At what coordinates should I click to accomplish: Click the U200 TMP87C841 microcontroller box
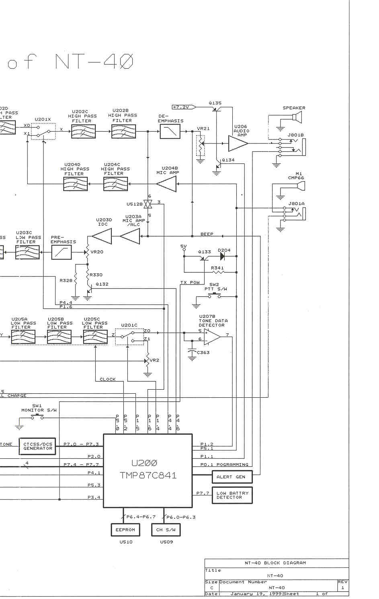pos(148,470)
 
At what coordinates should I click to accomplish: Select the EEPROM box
pos(125,530)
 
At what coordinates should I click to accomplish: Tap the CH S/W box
pos(166,530)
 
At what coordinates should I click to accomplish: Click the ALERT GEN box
pos(232,477)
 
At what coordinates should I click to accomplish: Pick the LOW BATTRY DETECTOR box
pos(232,495)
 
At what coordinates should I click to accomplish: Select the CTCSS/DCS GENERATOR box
pos(37,446)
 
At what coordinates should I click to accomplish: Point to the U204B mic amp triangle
pos(167,184)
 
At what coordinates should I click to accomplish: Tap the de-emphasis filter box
pos(170,131)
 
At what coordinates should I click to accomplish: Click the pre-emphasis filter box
pos(61,252)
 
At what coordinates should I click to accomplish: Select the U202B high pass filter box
pos(123,131)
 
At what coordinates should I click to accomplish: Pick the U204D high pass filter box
pos(75,184)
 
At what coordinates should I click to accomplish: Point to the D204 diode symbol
pos(223,256)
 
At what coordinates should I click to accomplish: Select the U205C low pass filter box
pos(95,337)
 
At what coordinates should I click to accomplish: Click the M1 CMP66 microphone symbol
pos(300,186)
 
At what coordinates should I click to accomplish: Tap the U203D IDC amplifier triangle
pos(102,236)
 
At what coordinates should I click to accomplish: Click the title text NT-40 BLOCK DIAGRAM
pos(275,563)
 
